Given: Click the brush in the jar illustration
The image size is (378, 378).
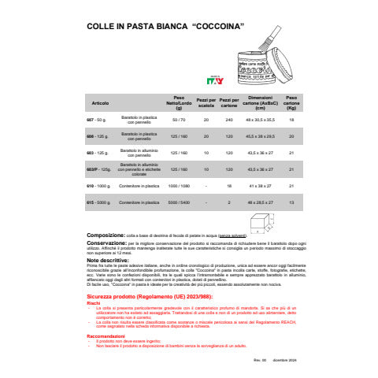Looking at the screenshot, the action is pos(267,42).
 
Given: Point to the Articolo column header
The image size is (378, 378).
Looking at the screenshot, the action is pos(100,103).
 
